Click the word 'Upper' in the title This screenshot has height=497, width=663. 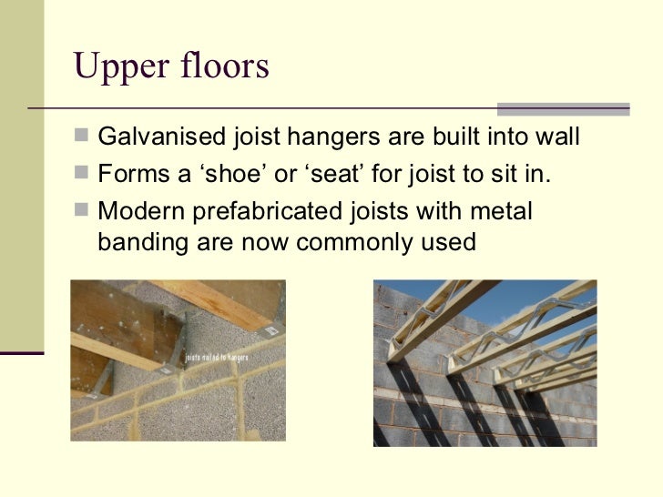tap(113, 67)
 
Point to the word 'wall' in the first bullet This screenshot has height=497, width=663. tap(556, 138)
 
